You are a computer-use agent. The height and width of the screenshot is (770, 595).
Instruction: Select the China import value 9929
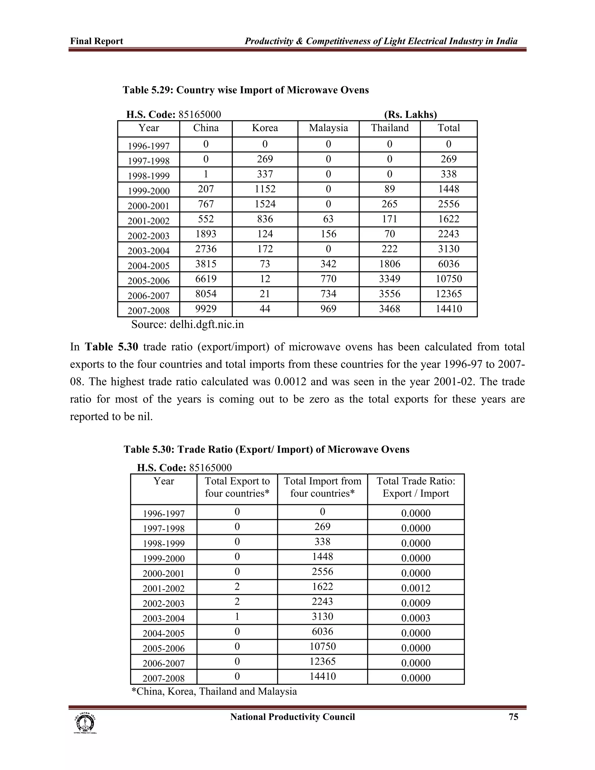tap(206, 309)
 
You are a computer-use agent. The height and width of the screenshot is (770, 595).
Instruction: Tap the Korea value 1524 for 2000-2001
tap(265, 204)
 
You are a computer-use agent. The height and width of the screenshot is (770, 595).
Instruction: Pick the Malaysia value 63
tap(328, 219)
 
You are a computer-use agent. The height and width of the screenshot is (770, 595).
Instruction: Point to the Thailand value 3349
tap(390, 279)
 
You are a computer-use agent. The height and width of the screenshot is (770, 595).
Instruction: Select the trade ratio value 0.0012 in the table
tap(415, 588)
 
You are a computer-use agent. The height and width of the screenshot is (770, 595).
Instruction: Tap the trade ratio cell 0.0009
tap(415, 603)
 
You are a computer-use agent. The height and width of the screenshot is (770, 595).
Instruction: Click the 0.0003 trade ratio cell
tap(415, 618)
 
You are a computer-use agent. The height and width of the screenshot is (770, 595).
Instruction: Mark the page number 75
tap(513, 717)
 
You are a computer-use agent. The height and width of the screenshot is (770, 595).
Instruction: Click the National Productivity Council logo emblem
tap(85, 723)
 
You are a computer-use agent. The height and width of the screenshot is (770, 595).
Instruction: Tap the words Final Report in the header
tap(96, 41)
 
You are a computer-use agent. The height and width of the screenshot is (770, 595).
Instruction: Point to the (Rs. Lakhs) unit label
tap(410, 114)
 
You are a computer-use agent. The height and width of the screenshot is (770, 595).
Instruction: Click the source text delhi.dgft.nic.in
tap(207, 324)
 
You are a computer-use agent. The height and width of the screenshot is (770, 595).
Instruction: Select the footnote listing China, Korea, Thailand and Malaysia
tap(214, 691)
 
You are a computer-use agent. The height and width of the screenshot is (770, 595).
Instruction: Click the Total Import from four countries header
tap(322, 487)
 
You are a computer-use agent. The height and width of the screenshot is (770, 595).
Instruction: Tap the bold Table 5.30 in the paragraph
tap(111, 347)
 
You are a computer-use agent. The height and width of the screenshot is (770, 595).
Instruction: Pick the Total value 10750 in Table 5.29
tap(448, 279)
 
